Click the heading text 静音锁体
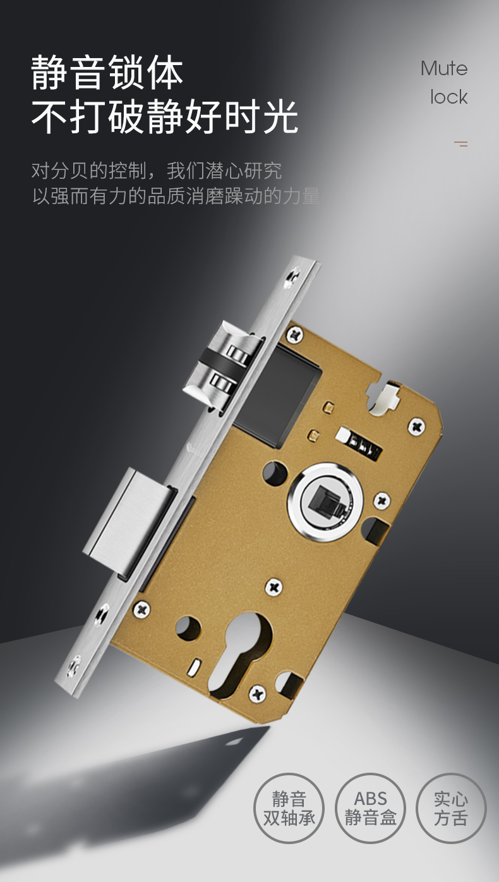(x=107, y=72)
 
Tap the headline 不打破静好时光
(x=164, y=116)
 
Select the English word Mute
(x=444, y=69)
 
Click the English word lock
(x=449, y=97)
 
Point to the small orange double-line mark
(x=461, y=143)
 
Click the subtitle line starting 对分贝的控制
(x=157, y=171)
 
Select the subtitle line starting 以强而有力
(x=176, y=196)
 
